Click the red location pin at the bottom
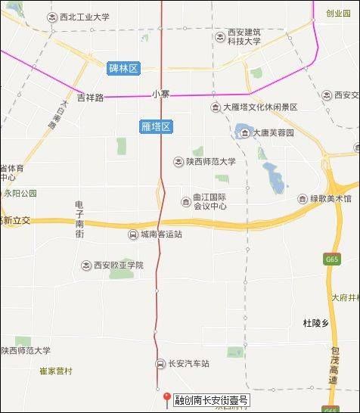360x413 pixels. pyautogui.click(x=166, y=399)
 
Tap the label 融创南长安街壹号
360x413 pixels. pyautogui.click(x=211, y=399)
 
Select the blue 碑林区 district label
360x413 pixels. pyautogui.click(x=124, y=69)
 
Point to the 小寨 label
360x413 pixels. pyautogui.click(x=160, y=95)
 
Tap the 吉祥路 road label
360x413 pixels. pyautogui.click(x=90, y=97)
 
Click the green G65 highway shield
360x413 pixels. pyautogui.click(x=331, y=259)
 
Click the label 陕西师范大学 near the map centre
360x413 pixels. pyautogui.click(x=211, y=160)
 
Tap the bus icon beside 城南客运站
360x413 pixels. pyautogui.click(x=133, y=234)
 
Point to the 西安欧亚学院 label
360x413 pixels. pyautogui.click(x=118, y=265)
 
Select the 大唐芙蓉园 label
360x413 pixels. pyautogui.click(x=272, y=133)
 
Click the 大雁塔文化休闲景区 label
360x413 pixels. pyautogui.click(x=260, y=107)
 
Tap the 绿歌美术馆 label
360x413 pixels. pyautogui.click(x=331, y=200)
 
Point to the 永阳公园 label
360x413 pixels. pyautogui.click(x=19, y=194)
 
